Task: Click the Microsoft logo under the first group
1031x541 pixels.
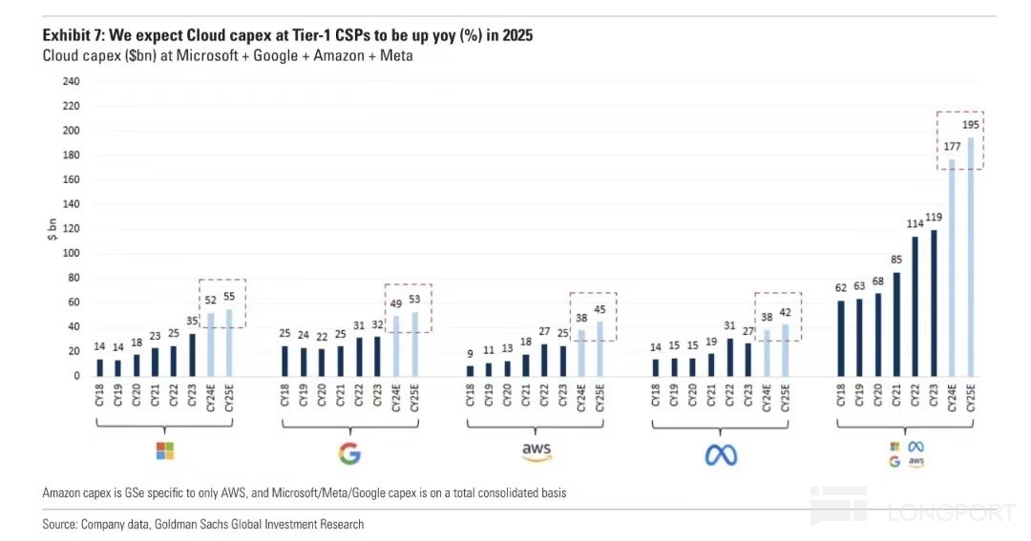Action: click(x=164, y=449)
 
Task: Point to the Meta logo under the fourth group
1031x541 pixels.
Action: click(x=722, y=454)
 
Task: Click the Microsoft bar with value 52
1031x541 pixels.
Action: click(x=211, y=343)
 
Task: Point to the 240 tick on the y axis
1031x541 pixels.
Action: click(x=72, y=81)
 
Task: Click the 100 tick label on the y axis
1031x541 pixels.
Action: click(x=72, y=253)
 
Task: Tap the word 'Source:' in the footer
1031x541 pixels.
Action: click(x=60, y=524)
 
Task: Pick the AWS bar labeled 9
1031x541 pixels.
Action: click(x=470, y=370)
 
